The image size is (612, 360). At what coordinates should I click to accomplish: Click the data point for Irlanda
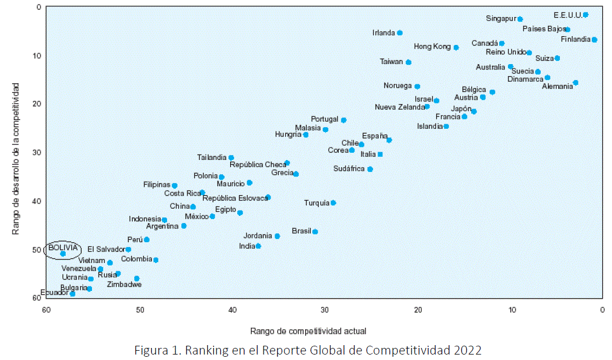point(400,33)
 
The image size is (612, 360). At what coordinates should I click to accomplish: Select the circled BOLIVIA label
point(63,248)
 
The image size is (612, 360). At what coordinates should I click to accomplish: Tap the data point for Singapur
point(520,19)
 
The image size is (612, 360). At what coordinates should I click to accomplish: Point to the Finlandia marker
point(594,39)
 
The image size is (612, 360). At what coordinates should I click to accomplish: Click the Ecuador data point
point(72,294)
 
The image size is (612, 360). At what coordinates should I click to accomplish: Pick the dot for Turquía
point(333,203)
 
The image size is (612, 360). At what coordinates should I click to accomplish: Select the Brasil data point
point(315,232)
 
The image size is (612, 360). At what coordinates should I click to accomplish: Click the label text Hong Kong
point(432,47)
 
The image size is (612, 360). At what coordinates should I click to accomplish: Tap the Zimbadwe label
point(124,285)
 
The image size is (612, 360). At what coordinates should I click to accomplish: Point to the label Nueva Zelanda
point(400,107)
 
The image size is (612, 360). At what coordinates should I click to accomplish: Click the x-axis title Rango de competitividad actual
point(308,331)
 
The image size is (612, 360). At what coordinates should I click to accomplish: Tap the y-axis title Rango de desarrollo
point(17,159)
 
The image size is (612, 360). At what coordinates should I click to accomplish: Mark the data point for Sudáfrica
point(370,169)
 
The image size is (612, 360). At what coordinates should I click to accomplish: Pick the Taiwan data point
point(409,62)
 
